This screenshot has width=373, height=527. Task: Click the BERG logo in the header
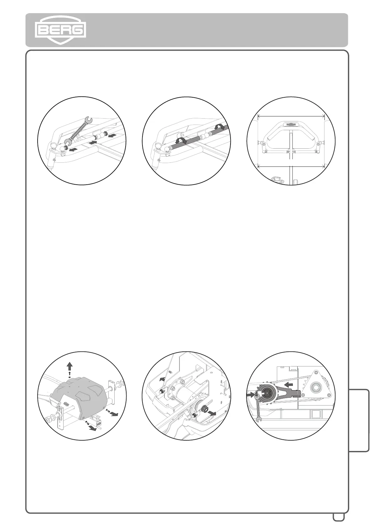[x=60, y=30]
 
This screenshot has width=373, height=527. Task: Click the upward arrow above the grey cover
[x=70, y=365]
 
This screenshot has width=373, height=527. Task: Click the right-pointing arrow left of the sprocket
[x=251, y=395]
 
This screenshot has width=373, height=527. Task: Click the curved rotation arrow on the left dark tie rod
[x=181, y=141]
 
